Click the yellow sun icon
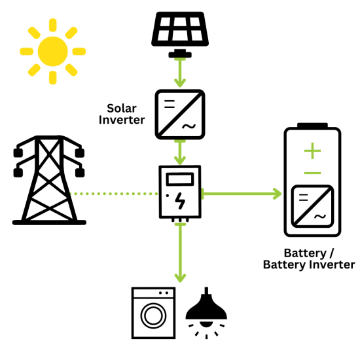(x=52, y=50)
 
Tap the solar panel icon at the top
(x=179, y=29)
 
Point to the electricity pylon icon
(x=50, y=180)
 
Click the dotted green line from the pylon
(x=115, y=194)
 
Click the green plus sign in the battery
(x=313, y=152)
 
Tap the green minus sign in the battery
(x=313, y=173)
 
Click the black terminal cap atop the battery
(x=313, y=125)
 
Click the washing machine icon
(x=153, y=313)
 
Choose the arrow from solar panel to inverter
(x=179, y=73)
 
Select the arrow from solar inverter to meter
(x=179, y=153)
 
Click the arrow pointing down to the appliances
(x=179, y=252)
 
